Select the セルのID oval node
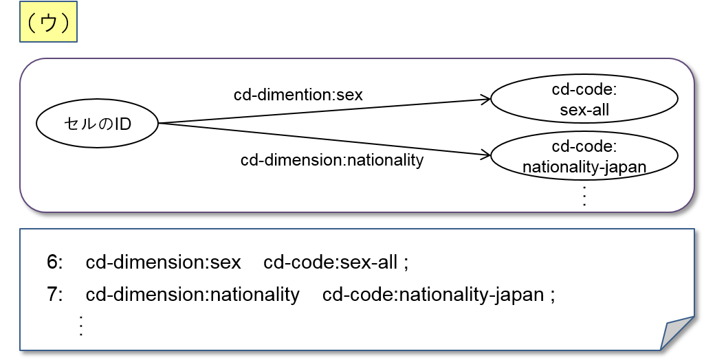click(x=97, y=124)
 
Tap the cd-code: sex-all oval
click(x=584, y=99)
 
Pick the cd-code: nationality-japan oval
click(x=584, y=157)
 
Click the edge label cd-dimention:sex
click(x=298, y=95)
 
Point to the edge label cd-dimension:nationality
click(x=332, y=160)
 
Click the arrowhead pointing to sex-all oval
click(x=485, y=100)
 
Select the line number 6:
click(x=55, y=262)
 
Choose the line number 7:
click(x=55, y=295)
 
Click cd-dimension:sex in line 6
click(x=164, y=262)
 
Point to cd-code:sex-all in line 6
click(x=331, y=262)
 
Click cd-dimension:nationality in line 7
click(x=192, y=295)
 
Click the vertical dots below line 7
click(x=81, y=324)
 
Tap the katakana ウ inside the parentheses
click(x=47, y=23)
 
